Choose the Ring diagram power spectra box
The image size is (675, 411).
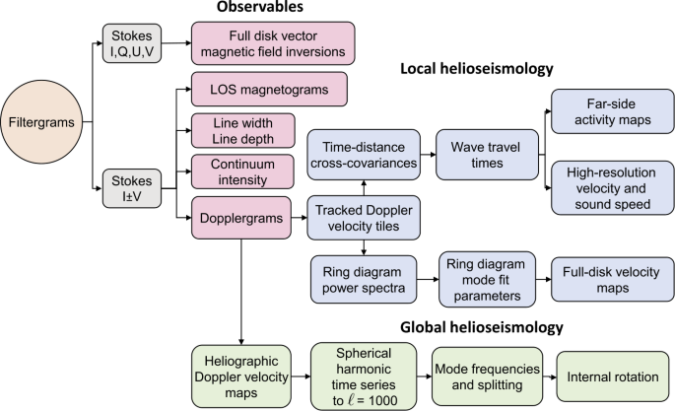(364, 281)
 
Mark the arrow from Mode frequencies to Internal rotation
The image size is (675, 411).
(549, 377)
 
